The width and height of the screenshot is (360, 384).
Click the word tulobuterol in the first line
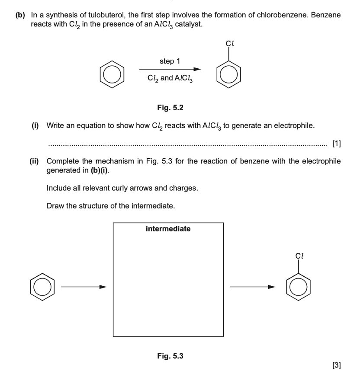115,15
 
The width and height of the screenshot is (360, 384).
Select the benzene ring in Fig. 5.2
113,75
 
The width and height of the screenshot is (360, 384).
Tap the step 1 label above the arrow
170,61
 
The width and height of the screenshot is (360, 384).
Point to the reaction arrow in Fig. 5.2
170,69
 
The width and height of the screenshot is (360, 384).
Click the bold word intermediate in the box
168,229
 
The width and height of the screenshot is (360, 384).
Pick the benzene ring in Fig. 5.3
43,286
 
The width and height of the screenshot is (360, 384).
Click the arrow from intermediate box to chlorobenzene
252,286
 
